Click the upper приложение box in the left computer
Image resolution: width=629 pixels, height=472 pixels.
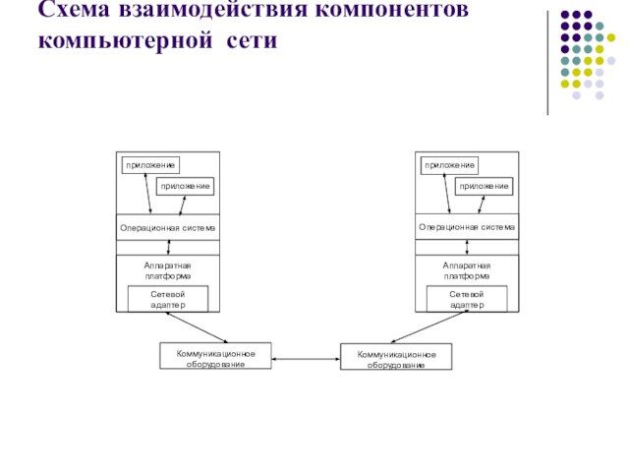pos(150,165)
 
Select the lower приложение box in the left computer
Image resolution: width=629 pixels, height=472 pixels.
pos(185,186)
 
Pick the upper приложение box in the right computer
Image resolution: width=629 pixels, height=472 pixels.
pos(449,165)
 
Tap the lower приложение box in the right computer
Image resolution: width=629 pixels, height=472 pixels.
pos(484,186)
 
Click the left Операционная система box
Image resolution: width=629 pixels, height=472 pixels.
pos(167,227)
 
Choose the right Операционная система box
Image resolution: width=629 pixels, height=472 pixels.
pos(466,227)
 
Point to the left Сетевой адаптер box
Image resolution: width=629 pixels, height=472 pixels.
pos(167,299)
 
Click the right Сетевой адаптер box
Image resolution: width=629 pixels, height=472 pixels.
pos(467,299)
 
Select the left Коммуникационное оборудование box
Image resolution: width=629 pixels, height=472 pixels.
pos(215,356)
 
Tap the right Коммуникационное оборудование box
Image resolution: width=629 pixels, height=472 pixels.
pos(396,357)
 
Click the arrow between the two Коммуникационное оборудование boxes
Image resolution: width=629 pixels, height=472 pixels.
pos(306,359)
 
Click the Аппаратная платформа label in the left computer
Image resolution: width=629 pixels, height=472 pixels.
pos(167,271)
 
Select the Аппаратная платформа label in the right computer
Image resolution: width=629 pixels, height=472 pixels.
pos(466,271)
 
